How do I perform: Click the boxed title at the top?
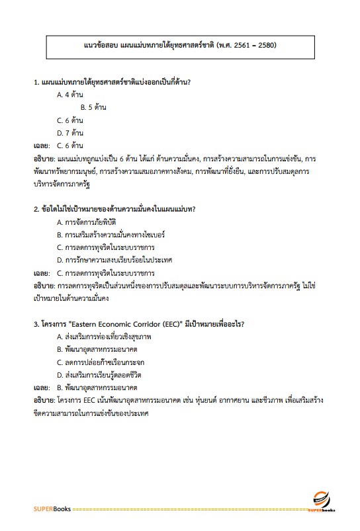(x=180, y=45)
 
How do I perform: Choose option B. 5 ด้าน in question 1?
(x=93, y=107)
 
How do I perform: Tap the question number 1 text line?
(x=116, y=82)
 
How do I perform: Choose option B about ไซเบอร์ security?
(x=101, y=234)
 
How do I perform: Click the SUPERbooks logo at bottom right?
(x=322, y=502)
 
